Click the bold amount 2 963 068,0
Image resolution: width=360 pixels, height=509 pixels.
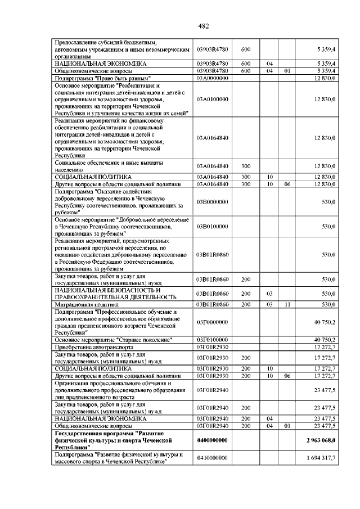tap(321, 440)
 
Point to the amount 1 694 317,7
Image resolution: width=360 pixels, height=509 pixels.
tap(321, 458)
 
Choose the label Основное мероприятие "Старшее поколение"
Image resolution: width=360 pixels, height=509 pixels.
tap(112, 340)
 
